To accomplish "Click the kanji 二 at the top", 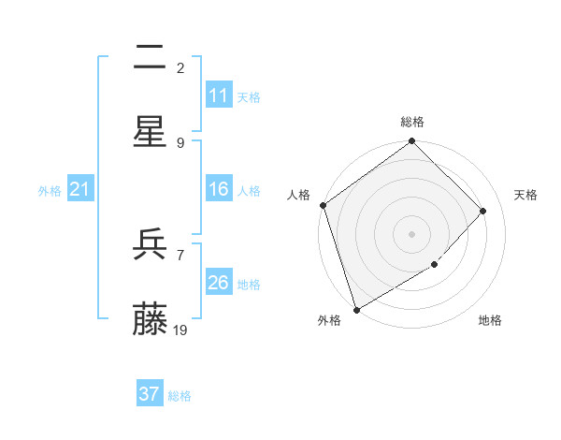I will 150,58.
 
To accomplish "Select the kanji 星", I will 150,132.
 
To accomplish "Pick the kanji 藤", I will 150,319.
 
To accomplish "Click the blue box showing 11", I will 219,95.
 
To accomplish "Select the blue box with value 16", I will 219,189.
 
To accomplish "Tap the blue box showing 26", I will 219,283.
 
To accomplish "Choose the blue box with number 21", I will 80,189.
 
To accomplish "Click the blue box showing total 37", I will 150,394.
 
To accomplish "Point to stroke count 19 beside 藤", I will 180,330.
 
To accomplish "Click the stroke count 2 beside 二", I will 180,67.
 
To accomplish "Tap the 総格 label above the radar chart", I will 412,122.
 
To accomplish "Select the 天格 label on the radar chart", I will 526,195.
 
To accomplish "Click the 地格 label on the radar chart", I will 490,321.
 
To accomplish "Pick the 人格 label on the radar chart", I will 298,195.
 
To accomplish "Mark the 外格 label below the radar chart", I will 329,321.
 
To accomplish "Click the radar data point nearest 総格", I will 412,142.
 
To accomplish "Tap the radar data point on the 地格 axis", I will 435,265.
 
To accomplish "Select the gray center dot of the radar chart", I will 412,233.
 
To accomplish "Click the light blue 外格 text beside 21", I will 50,190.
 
